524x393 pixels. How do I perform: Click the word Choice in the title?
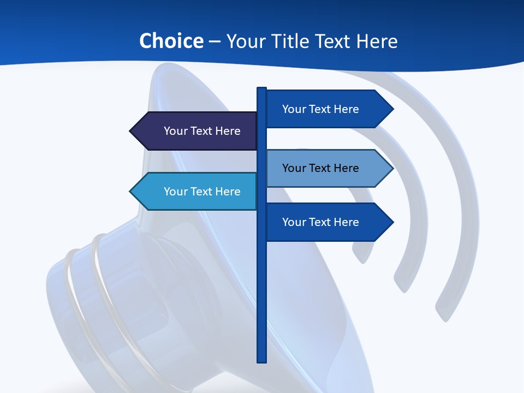[171, 41]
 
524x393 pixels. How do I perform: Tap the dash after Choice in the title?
[215, 41]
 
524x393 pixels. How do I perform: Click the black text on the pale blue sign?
[320, 168]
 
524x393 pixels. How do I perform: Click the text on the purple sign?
[202, 131]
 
